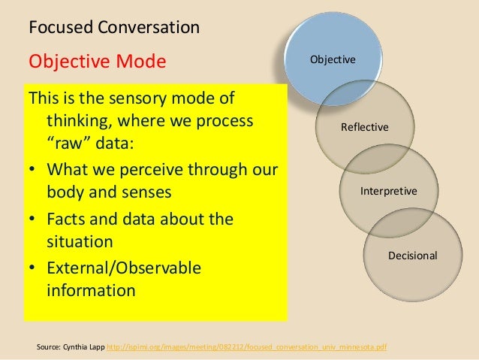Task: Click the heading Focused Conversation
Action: pyautogui.click(x=113, y=29)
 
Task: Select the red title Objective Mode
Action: pyautogui.click(x=96, y=60)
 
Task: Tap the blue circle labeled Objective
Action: pyautogui.click(x=333, y=59)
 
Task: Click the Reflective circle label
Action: pyautogui.click(x=365, y=127)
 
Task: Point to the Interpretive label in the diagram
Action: pyautogui.click(x=389, y=192)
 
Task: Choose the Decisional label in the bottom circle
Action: pyautogui.click(x=412, y=256)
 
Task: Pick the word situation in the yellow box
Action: pyautogui.click(x=80, y=242)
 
